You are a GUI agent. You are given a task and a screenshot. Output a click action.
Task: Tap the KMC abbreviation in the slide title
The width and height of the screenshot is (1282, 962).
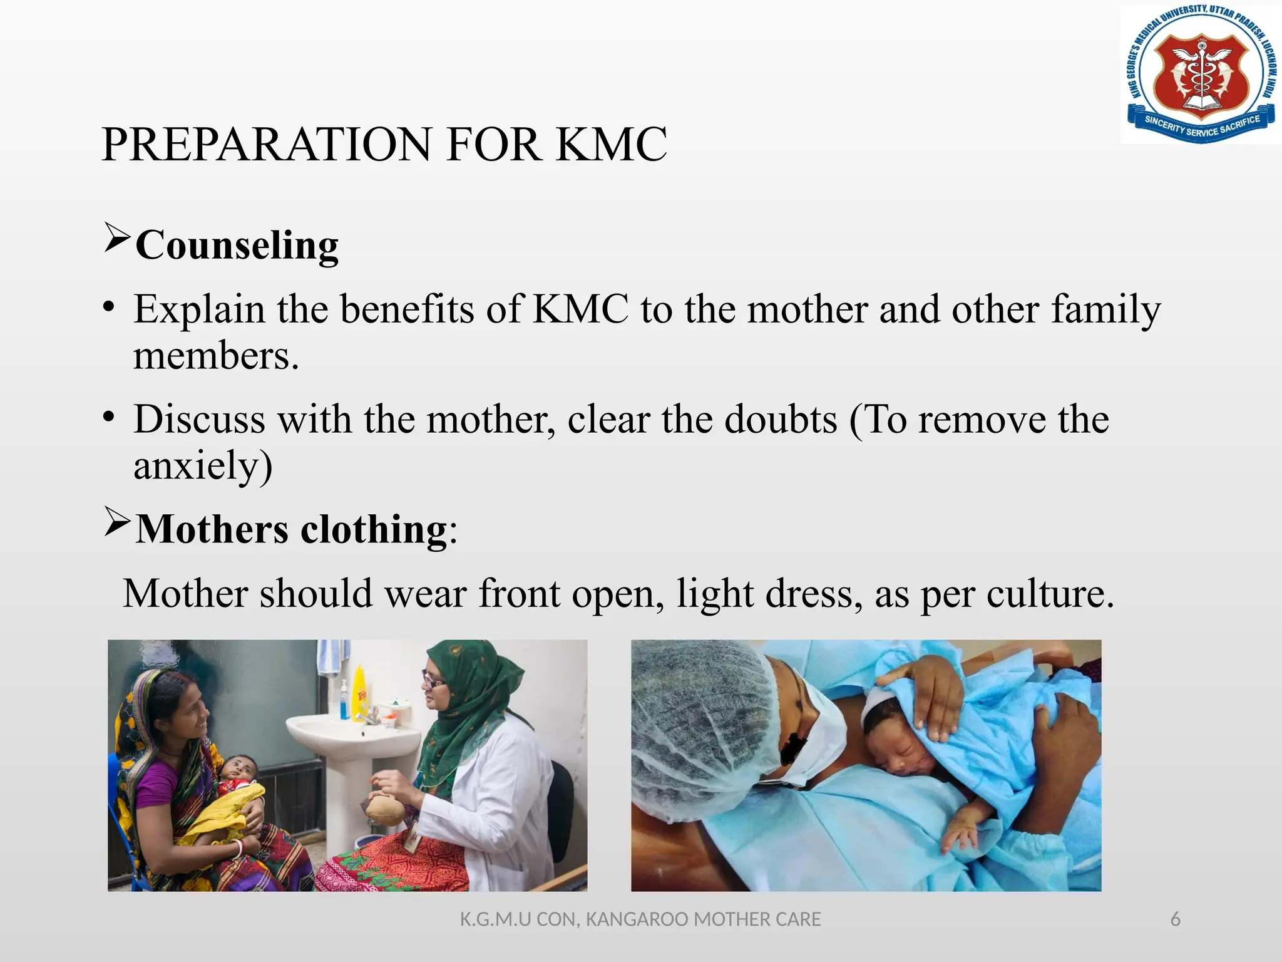[x=611, y=145]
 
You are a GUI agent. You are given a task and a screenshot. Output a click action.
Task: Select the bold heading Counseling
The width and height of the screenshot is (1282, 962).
[x=237, y=245]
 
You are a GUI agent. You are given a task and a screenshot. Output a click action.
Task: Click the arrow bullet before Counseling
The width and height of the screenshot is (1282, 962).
[x=117, y=238]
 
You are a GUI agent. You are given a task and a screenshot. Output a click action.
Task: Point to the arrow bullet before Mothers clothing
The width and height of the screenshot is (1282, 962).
[x=117, y=522]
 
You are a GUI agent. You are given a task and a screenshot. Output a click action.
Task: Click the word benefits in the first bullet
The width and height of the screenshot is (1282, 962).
[x=407, y=309]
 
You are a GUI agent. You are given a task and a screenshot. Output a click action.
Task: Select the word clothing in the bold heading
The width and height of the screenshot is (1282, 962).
[x=374, y=530]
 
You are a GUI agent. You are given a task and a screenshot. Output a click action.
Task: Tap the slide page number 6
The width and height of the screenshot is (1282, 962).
[x=1175, y=919]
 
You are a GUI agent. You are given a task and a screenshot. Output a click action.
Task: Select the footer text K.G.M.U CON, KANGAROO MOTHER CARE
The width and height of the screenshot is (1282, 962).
[x=640, y=919]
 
